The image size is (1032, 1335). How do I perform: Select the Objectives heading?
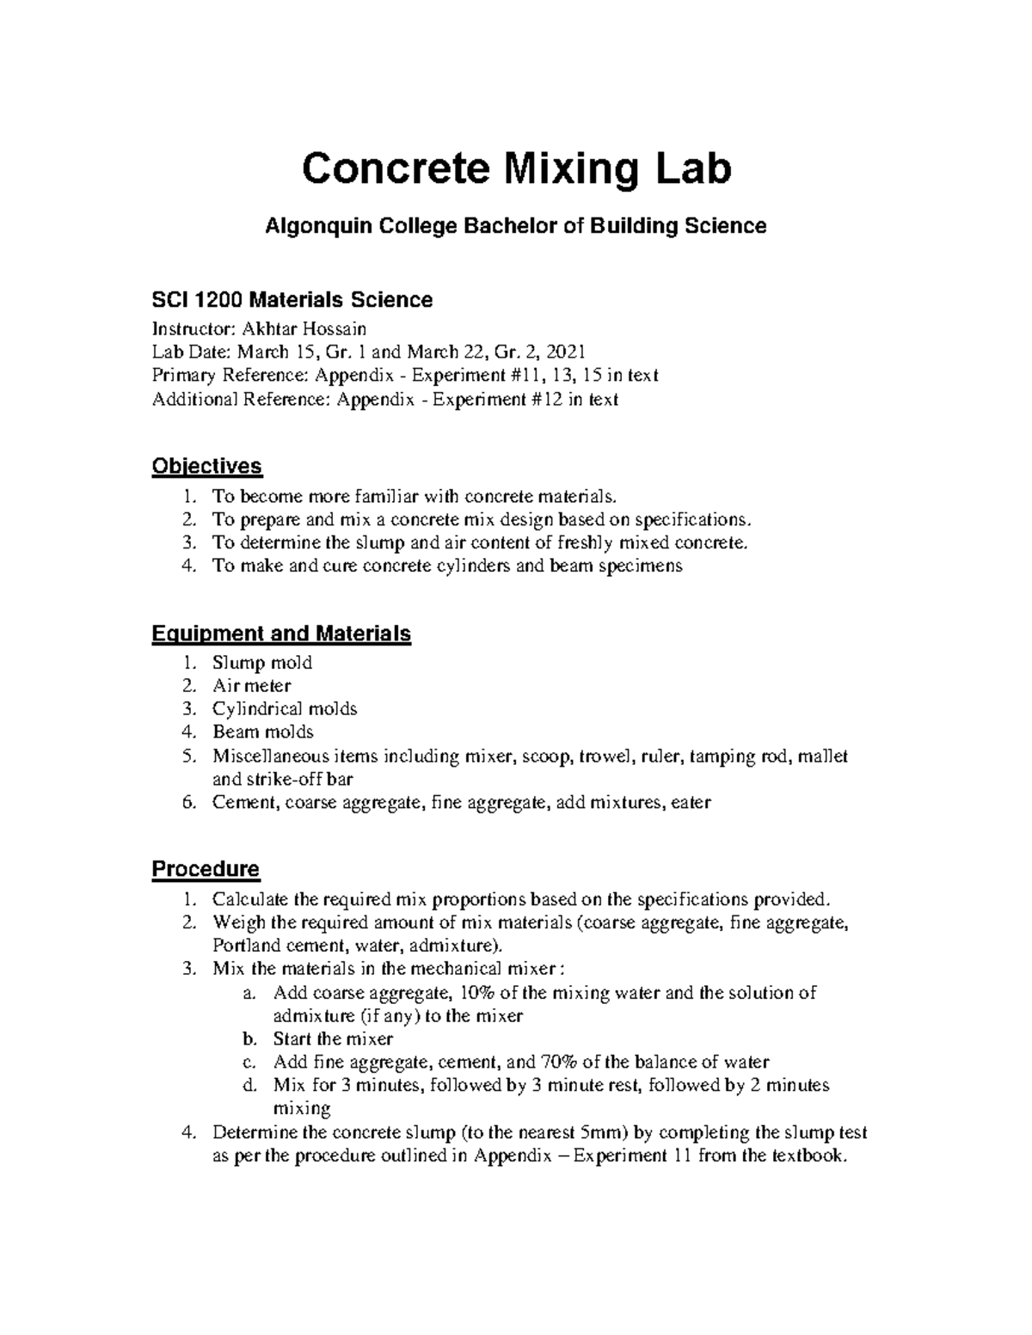point(206,467)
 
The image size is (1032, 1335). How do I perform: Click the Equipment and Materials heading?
point(281,634)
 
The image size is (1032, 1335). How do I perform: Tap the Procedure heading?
point(206,869)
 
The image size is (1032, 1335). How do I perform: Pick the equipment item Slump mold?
point(262,663)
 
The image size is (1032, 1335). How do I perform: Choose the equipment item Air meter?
point(252,686)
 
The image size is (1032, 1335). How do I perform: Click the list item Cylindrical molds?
point(285,709)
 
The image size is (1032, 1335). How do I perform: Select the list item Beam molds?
point(263,732)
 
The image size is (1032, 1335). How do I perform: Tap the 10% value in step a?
point(477,993)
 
